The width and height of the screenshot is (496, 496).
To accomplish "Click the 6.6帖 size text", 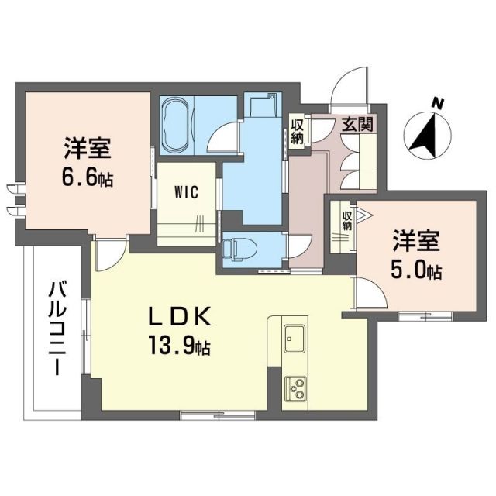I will [87, 179].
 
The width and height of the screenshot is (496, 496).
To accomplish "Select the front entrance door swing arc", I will [348, 87].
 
